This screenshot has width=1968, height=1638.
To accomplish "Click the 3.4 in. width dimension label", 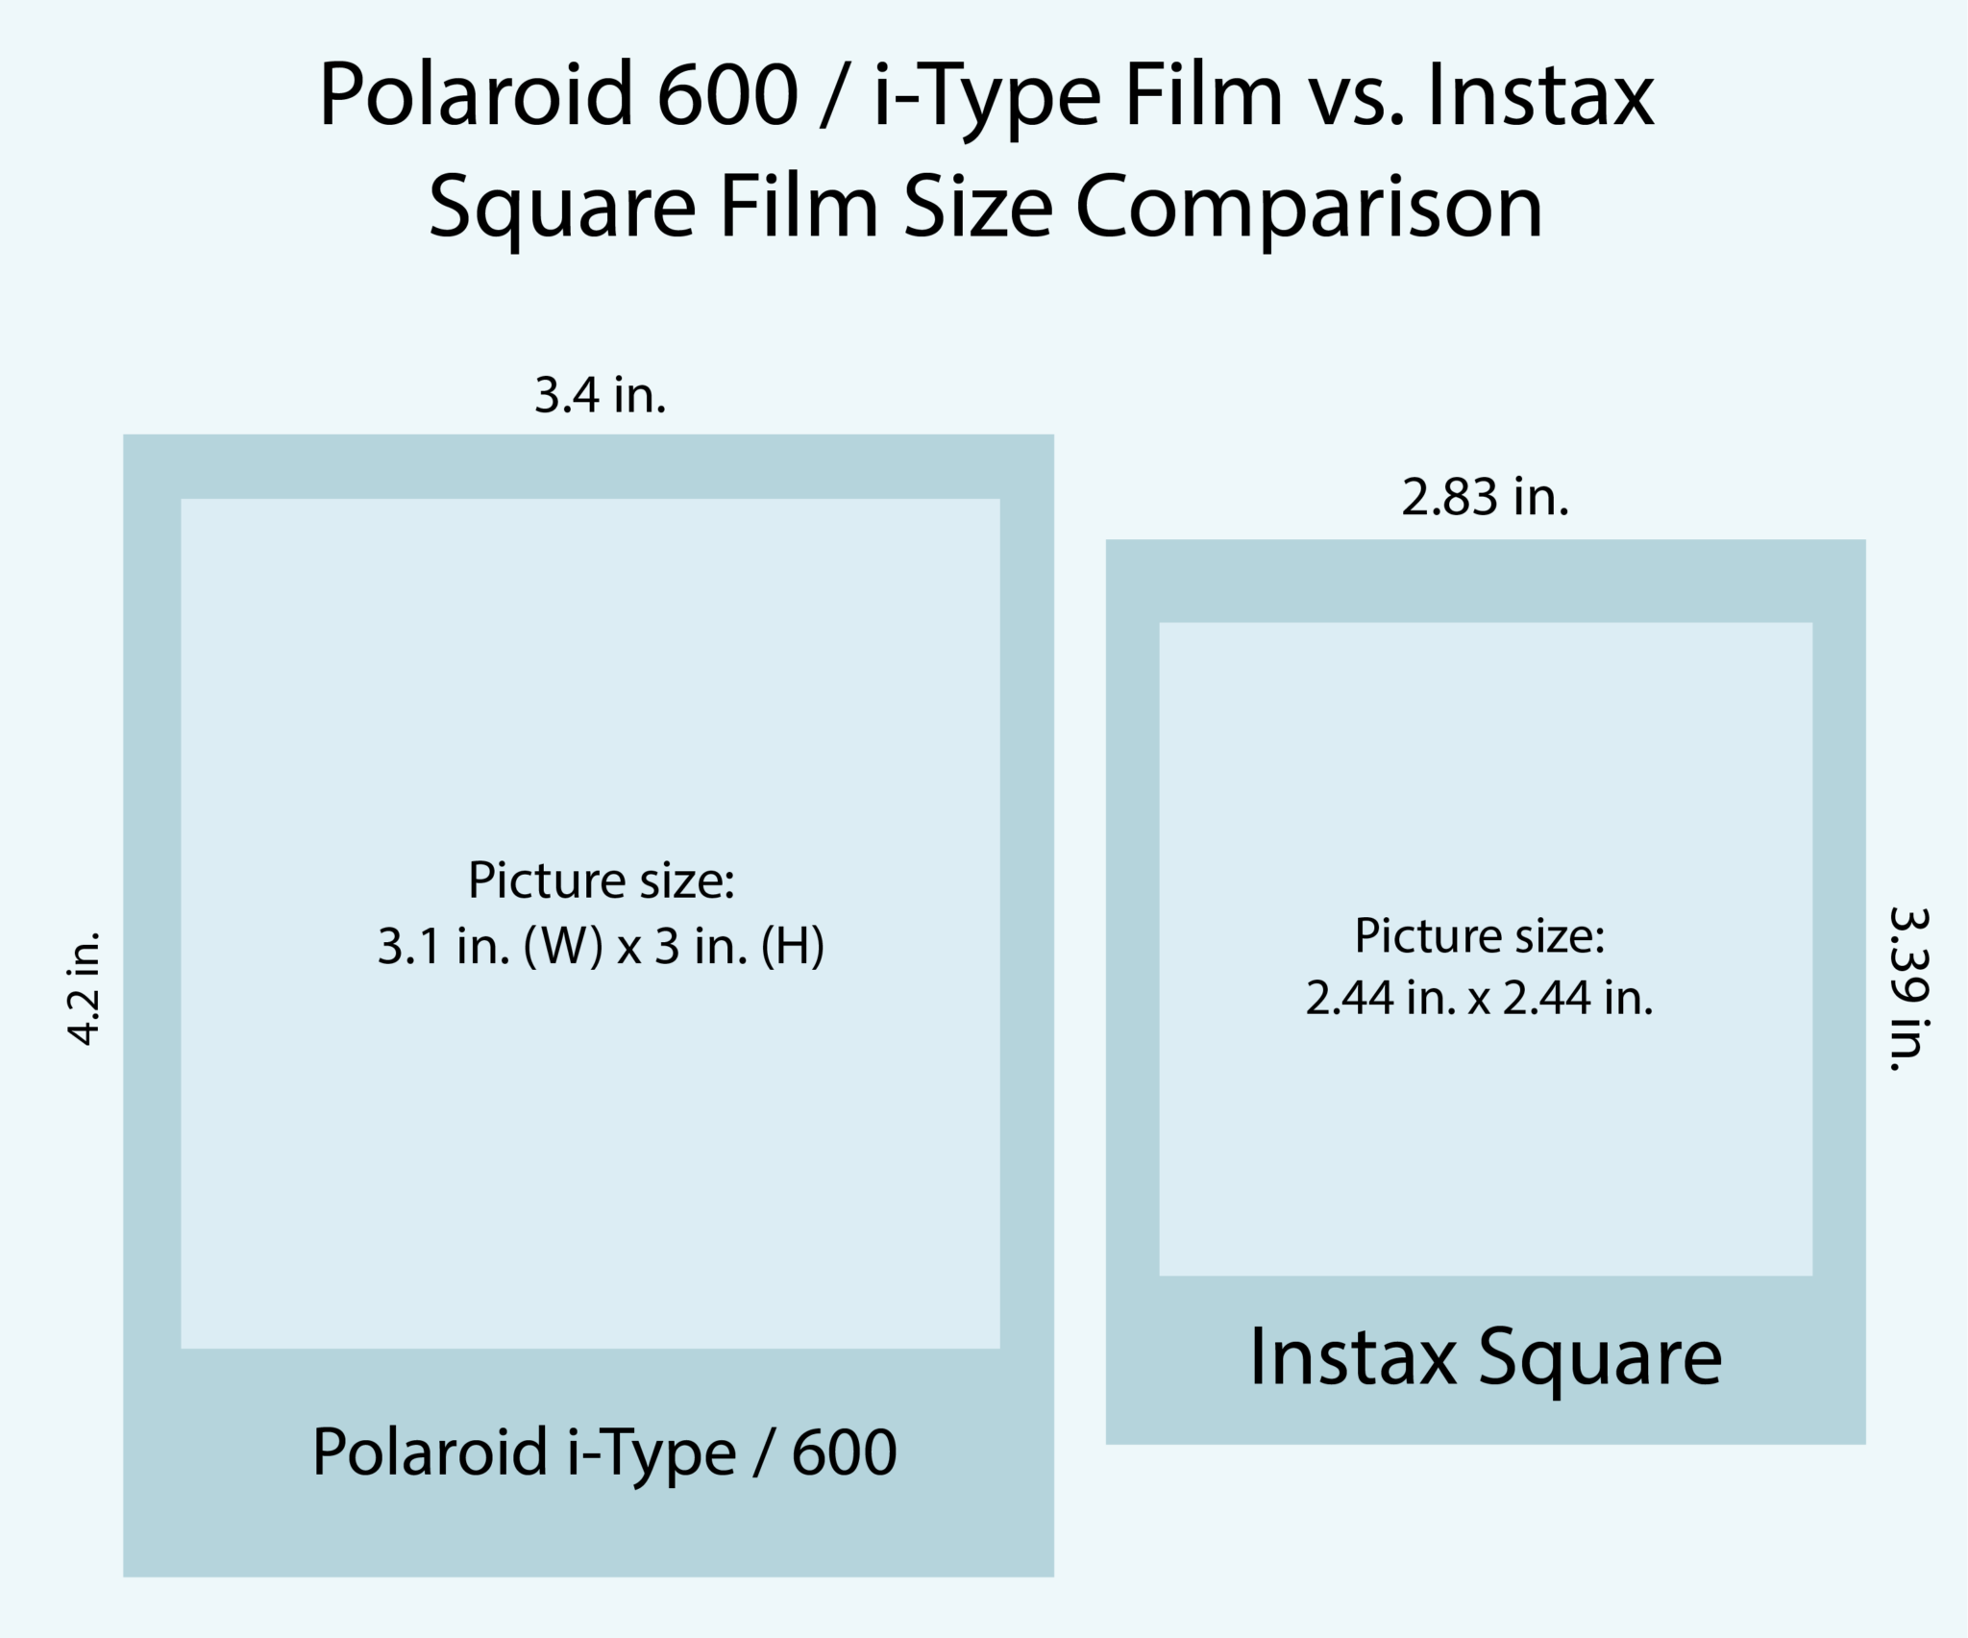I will pyautogui.click(x=600, y=395).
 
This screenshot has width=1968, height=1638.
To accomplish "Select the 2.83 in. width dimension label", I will pyautogui.click(x=1485, y=498).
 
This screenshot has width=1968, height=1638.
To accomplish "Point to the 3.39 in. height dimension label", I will pyautogui.click(x=1908, y=988).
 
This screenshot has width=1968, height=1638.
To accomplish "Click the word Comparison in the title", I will pyautogui.click(x=1308, y=207).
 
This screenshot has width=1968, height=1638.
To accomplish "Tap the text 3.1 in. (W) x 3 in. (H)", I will pyautogui.click(x=601, y=947).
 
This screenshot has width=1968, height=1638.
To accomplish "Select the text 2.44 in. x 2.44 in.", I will pyautogui.click(x=1479, y=998).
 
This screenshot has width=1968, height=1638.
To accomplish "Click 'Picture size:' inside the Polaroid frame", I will pyautogui.click(x=601, y=881).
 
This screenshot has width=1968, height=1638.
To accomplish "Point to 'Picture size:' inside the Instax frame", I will pyautogui.click(x=1479, y=935).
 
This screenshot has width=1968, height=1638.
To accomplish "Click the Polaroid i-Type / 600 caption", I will pyautogui.click(x=604, y=1452).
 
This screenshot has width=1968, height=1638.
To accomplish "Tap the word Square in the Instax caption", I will pyautogui.click(x=1600, y=1359).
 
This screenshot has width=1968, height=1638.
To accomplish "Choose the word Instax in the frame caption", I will pyautogui.click(x=1352, y=1357).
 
